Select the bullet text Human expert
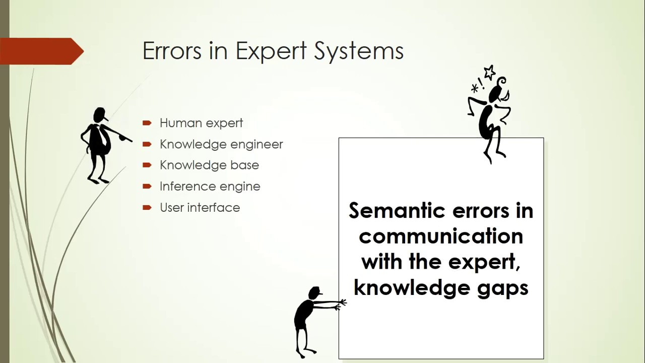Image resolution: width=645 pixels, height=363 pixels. (201, 123)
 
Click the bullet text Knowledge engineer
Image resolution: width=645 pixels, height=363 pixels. (221, 144)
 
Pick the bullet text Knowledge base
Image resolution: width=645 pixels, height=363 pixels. (209, 165)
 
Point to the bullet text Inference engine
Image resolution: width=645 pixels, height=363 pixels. (210, 187)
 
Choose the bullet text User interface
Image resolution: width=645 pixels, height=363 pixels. (200, 208)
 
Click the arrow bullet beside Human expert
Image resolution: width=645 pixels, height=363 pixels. (147, 123)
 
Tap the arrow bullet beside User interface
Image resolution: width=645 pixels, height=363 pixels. (147, 207)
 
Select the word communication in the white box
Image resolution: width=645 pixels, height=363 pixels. (441, 236)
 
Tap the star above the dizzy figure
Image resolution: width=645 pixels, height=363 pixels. (489, 72)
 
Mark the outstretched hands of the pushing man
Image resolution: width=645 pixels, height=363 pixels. (341, 304)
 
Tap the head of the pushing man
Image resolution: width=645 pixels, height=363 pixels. (314, 292)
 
